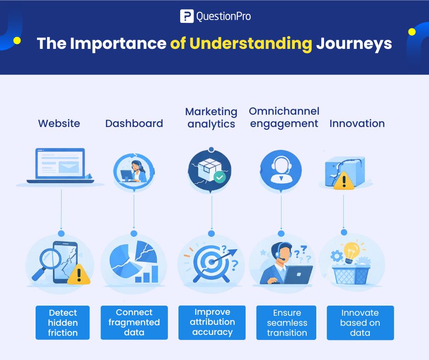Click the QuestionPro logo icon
(x=187, y=16)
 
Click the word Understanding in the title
(x=251, y=43)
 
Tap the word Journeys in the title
(x=354, y=43)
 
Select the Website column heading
(x=59, y=123)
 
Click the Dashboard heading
(x=134, y=123)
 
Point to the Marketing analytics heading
(x=211, y=118)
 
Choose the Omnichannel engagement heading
(x=284, y=117)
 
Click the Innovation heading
(x=357, y=123)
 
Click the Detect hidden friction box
(x=63, y=323)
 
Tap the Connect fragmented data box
(x=134, y=323)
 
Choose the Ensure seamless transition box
(x=287, y=323)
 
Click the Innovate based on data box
(x=360, y=323)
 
